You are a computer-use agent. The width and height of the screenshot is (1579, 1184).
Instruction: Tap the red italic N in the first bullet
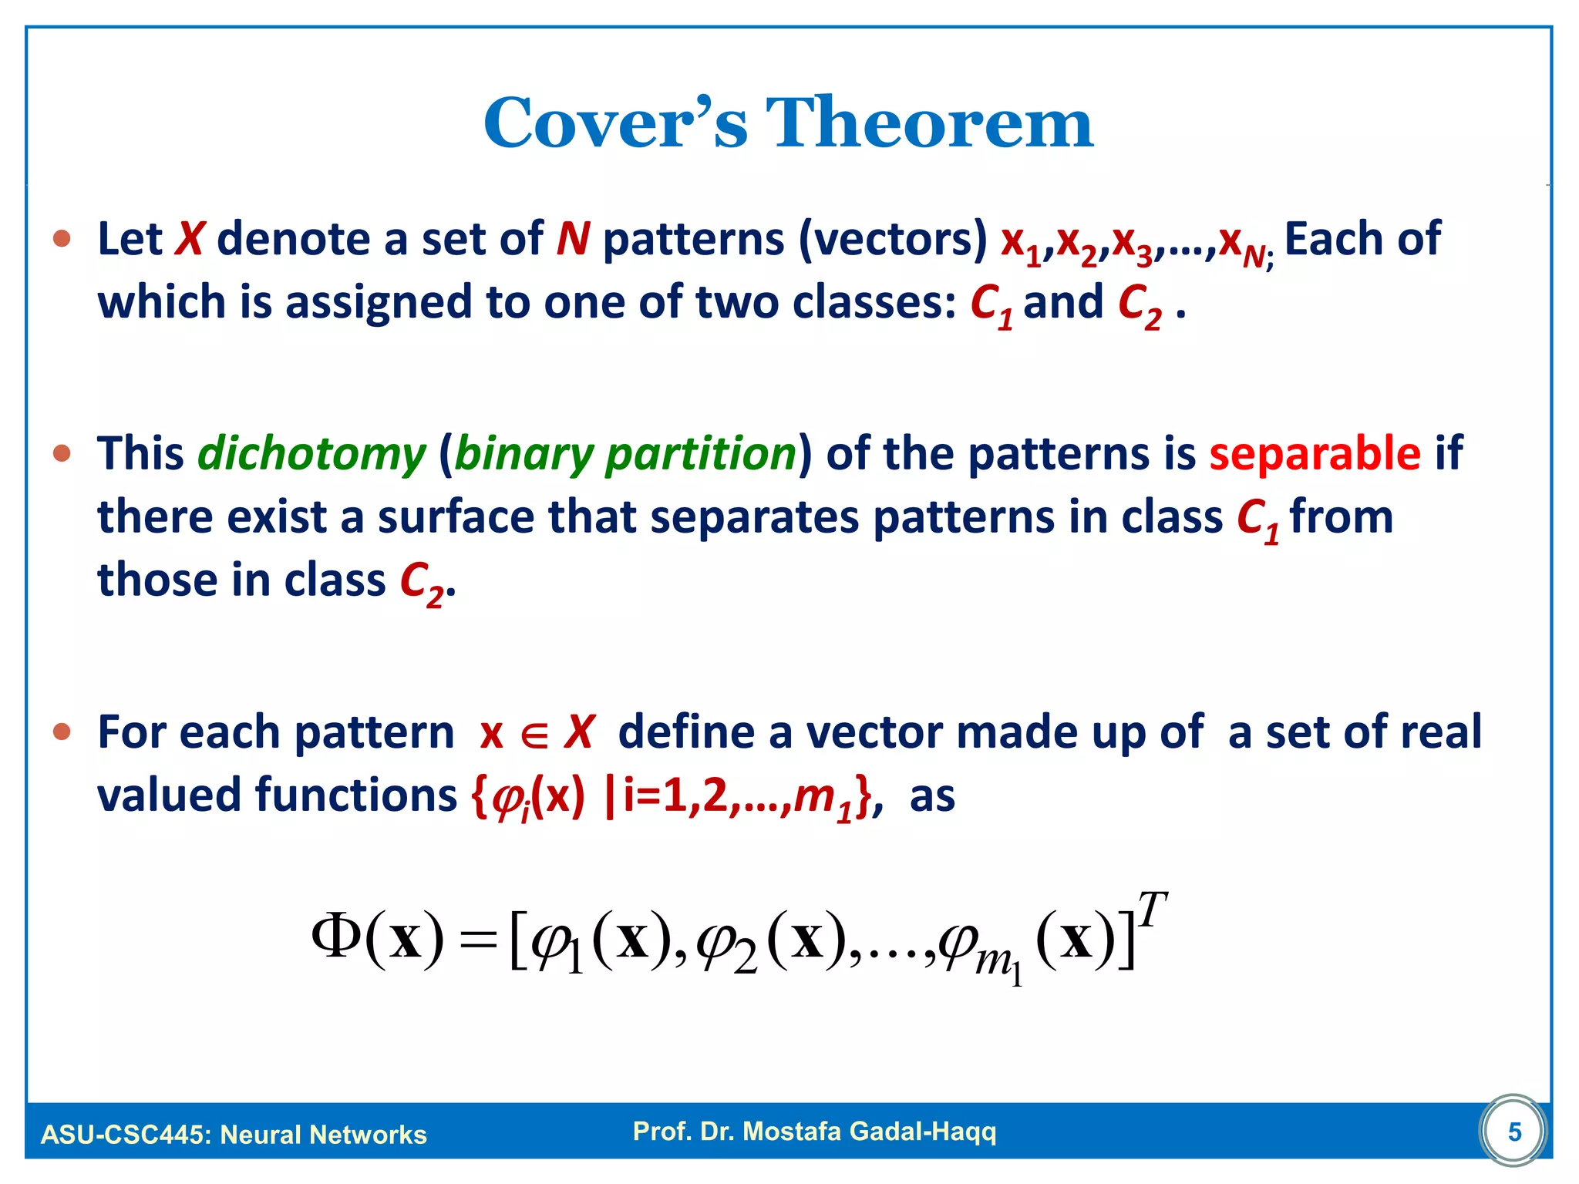(573, 239)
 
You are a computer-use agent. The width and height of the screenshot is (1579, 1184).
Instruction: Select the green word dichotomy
(311, 454)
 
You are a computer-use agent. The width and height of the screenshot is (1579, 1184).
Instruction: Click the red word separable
(1315, 453)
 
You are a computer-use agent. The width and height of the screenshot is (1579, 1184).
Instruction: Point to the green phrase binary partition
(625, 454)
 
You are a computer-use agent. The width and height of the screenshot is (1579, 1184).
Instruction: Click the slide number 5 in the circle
(1514, 1132)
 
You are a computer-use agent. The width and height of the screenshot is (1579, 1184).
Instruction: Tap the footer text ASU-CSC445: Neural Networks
(234, 1135)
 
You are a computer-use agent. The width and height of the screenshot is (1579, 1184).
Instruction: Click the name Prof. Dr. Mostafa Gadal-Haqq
(814, 1131)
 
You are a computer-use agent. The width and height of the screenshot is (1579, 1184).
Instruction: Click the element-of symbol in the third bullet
(534, 735)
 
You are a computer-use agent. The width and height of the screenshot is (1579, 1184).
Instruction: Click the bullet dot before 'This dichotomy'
(62, 453)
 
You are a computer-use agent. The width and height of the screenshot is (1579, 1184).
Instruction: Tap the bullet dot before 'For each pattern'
(62, 731)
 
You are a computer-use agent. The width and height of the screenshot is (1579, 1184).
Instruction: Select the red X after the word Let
(189, 239)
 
